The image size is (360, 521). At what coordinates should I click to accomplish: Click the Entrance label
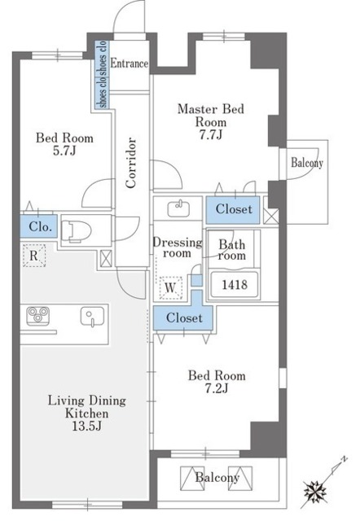point(129,63)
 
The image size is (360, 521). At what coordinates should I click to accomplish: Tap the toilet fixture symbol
point(76,230)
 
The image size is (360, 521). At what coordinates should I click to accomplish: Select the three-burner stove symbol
point(38,315)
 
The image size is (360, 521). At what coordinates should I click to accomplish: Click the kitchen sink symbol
point(92,316)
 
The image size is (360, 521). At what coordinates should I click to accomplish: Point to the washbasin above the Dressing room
point(178,208)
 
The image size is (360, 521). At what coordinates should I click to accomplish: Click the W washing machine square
point(170,287)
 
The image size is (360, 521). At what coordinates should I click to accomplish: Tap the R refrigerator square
point(33,255)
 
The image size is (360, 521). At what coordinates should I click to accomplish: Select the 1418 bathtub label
point(235,284)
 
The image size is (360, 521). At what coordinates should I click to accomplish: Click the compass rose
point(314,490)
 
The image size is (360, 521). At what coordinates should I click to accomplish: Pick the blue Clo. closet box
point(39,226)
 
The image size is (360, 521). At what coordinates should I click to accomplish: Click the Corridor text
point(131,163)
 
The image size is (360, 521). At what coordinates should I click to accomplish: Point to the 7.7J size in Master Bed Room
point(211,134)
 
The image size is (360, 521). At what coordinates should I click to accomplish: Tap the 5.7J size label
point(64,151)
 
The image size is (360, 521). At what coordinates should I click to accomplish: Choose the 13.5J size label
point(87,426)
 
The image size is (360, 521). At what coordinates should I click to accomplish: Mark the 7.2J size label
point(217,388)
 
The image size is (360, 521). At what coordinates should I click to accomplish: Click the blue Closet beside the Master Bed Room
point(233,209)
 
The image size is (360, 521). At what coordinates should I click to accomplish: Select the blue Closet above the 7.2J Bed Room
point(184,317)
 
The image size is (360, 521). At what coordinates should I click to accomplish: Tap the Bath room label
point(232,250)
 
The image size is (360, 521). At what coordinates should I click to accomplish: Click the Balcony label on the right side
point(307,163)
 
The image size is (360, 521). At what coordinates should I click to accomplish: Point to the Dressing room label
point(178,247)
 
